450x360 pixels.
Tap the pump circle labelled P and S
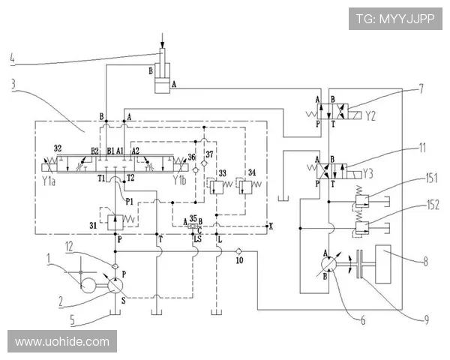[x=114, y=286]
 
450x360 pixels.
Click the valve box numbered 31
[x=115, y=222]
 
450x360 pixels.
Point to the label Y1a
[x=49, y=181]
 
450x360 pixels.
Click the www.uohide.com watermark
[x=62, y=342]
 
